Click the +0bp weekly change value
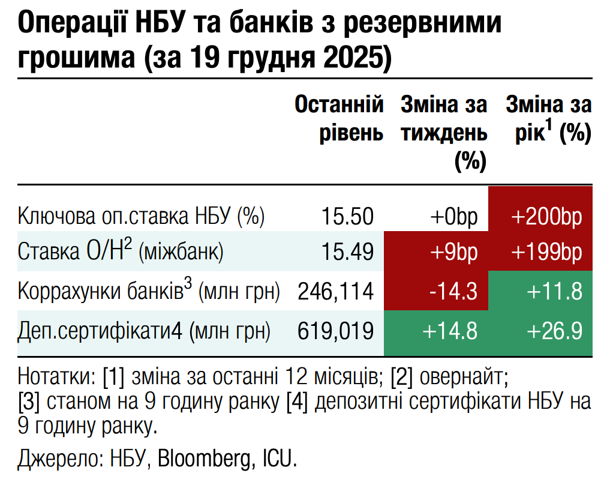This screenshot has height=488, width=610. coord(453,215)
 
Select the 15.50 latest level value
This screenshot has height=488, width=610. coord(347,215)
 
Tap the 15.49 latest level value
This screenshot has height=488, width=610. coord(347,253)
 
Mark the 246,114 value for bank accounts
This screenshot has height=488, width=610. coord(336,292)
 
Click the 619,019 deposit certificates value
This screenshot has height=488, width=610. coord(336,331)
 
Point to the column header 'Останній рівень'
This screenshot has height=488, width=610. coord(339,119)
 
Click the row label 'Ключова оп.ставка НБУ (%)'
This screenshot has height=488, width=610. coord(142,215)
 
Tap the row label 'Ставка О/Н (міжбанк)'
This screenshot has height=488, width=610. coord(121,252)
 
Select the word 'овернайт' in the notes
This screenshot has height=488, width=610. coord(462,378)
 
